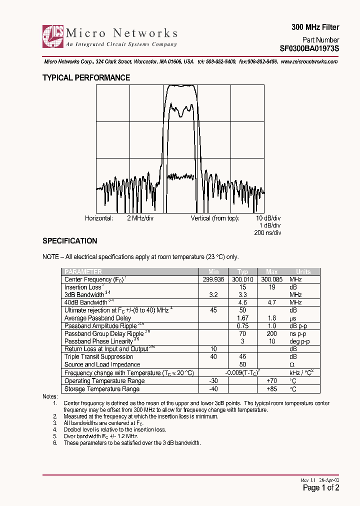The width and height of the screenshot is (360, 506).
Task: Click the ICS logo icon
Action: [53, 36]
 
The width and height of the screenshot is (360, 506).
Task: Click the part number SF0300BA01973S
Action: [309, 49]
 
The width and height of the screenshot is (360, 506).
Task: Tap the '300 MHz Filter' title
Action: [315, 27]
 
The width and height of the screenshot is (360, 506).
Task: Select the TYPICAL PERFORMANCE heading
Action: [86, 78]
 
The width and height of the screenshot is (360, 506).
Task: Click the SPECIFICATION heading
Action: [69, 241]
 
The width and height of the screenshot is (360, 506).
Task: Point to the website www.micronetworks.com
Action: [309, 61]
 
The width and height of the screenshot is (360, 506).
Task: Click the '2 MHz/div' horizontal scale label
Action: [140, 218]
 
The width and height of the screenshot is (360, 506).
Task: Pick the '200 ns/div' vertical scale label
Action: [267, 233]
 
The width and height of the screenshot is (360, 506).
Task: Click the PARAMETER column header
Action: [83, 272]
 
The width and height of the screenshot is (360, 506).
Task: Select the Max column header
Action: [271, 272]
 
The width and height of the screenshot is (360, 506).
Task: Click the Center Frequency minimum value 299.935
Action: [214, 279]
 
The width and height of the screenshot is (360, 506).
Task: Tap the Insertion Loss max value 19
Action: [271, 287]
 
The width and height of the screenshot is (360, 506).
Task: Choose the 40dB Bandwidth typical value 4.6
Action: [242, 302]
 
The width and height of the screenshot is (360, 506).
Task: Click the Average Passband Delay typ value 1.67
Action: [242, 318]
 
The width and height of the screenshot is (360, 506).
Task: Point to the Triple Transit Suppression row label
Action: [98, 356]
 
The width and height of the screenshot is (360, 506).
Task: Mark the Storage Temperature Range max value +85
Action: [271, 388]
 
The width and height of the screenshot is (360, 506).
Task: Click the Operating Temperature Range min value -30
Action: [214, 381]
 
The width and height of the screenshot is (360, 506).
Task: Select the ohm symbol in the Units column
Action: [292, 364]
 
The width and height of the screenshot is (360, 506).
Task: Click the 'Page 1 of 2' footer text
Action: [321, 488]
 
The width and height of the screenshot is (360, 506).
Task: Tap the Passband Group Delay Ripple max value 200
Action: [271, 333]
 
